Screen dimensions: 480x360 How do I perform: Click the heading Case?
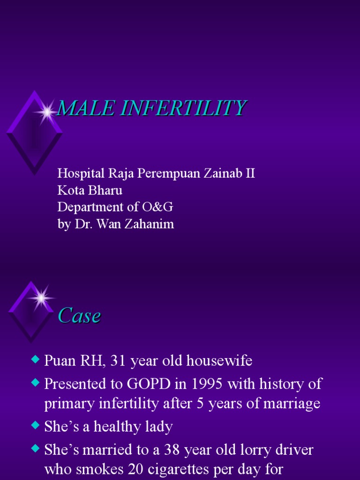point(79,316)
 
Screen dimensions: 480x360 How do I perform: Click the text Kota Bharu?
point(90,190)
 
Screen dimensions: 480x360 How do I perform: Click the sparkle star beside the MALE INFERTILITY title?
point(46,112)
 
